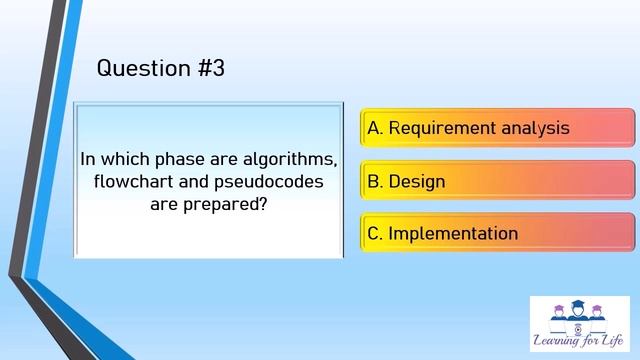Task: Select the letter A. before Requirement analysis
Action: point(376,128)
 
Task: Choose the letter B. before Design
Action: point(376,182)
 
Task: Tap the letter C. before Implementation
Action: point(376,234)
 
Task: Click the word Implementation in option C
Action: point(453,234)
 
